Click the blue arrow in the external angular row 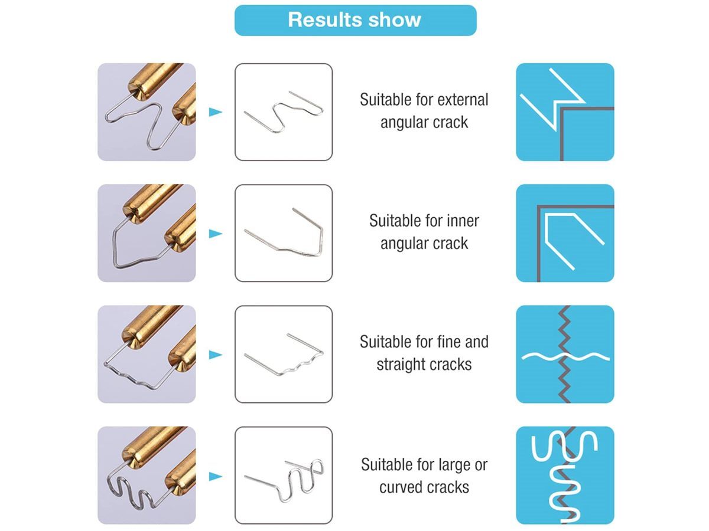(x=216, y=112)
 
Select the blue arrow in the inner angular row (x=216, y=234)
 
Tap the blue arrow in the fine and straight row (x=216, y=355)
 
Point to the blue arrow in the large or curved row (x=216, y=476)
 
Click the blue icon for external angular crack (x=565, y=112)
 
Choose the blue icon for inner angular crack (x=565, y=233)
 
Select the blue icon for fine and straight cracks (x=565, y=355)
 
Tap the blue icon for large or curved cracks (x=565, y=475)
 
